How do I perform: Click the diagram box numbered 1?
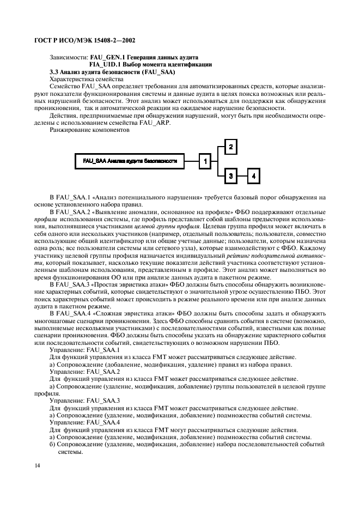204,161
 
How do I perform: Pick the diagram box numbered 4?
254,176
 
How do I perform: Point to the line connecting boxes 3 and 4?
242,176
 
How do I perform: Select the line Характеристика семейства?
87,79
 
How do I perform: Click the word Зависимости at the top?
69,57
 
